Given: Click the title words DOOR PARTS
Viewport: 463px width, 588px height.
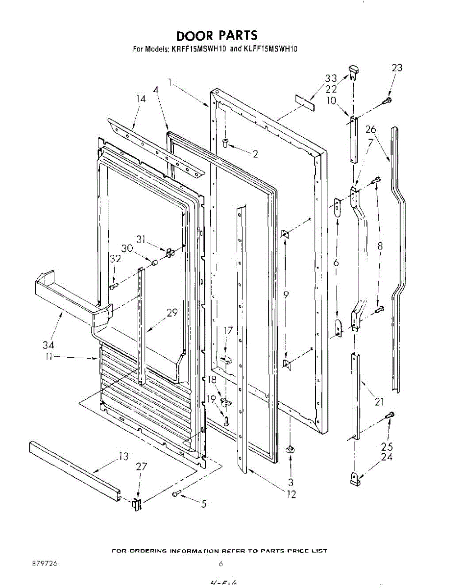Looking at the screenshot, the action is (x=217, y=35).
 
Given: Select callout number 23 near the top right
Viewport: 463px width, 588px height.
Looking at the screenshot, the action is (x=396, y=68).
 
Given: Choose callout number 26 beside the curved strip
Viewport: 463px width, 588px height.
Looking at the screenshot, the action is (x=370, y=129).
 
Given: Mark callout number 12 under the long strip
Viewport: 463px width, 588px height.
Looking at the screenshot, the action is (x=291, y=494).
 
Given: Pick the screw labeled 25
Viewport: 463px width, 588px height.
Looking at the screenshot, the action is (x=390, y=416).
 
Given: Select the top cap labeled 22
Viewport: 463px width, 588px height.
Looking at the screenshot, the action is (x=354, y=72).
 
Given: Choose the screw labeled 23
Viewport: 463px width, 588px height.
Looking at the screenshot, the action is (x=387, y=100).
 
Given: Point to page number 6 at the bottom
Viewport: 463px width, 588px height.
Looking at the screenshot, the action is (x=221, y=564).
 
